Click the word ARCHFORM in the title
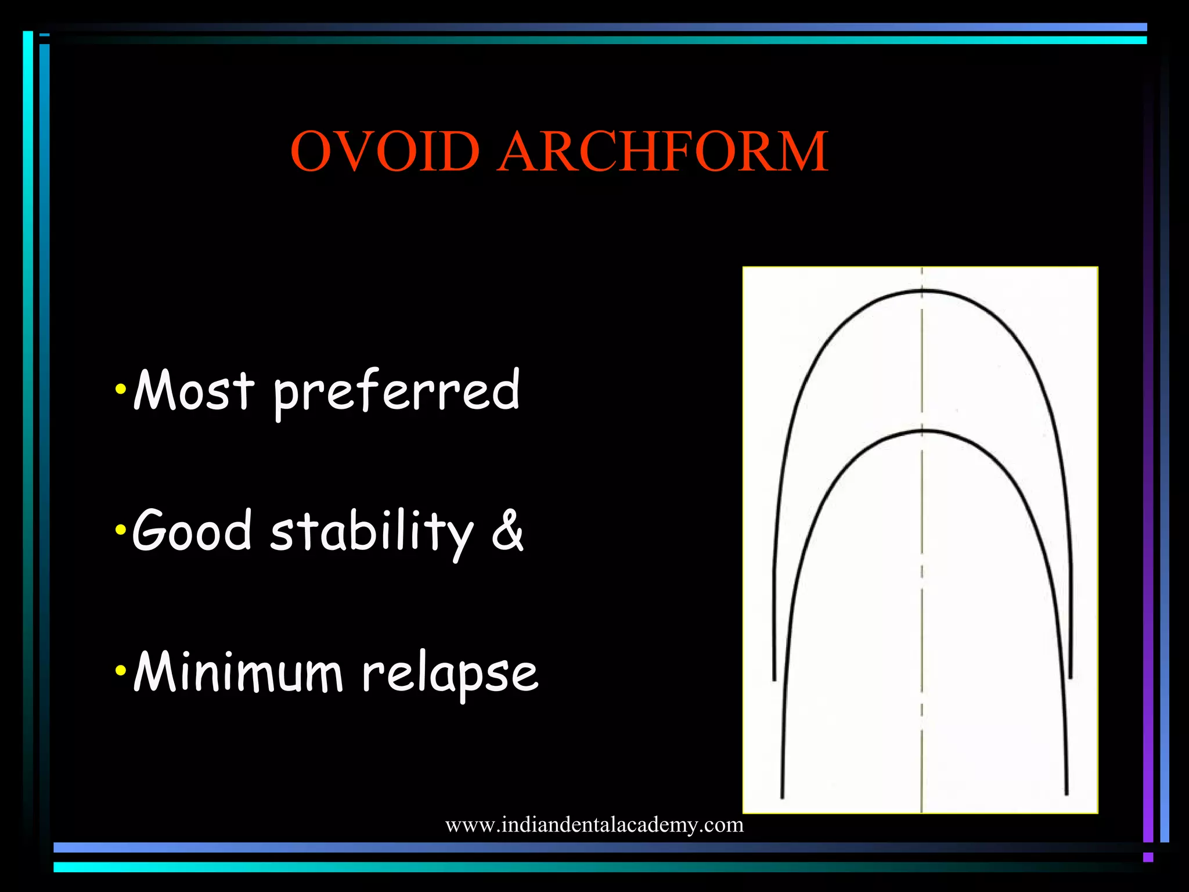[663, 152]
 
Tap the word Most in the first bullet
[193, 390]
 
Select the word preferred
[397, 393]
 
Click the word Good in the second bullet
[192, 530]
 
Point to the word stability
[372, 533]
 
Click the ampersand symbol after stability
[507, 529]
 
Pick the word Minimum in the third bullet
[238, 672]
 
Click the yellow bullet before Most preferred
[121, 389]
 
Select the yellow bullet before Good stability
[121, 529]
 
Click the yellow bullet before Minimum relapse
[121, 671]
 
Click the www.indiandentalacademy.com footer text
[594, 825]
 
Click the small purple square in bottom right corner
[1148, 857]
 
